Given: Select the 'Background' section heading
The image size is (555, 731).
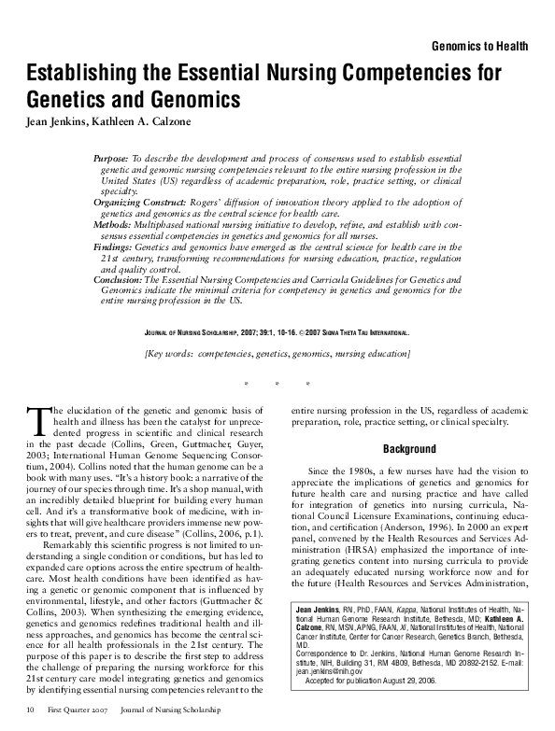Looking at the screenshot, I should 409,449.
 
